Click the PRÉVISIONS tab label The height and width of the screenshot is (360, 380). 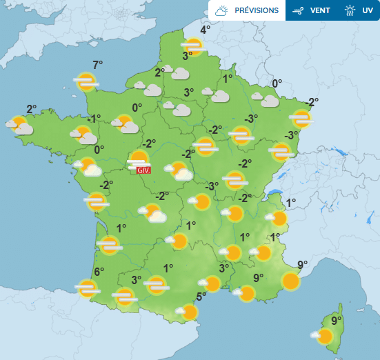coord(257,10)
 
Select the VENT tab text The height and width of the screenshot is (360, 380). coord(319,10)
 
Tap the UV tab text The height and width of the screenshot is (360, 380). coord(368,10)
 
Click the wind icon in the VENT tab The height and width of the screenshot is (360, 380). coord(298,10)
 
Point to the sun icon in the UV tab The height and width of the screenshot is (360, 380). coord(350,10)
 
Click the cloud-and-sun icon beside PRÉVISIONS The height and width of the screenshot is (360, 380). coord(221,10)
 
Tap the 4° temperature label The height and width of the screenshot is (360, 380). coord(206,30)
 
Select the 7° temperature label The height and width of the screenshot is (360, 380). coord(98,65)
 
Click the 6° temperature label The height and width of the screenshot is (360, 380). coord(99,272)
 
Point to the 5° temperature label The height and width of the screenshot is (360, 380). coord(201,297)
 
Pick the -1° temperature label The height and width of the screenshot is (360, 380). coord(94,118)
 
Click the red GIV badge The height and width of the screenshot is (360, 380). coord(143,170)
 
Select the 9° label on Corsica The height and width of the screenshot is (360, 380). coord(337,321)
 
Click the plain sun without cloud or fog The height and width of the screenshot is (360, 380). coord(291,281)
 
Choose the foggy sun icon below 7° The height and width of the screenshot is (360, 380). coord(86,82)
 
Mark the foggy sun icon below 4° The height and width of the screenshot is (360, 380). coord(193,46)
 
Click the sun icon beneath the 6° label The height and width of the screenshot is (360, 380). coord(88,288)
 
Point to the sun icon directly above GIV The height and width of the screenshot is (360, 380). coord(140,159)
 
